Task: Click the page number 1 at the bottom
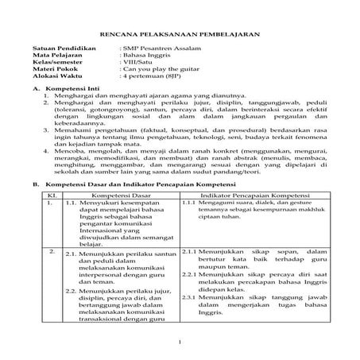tap(180, 343)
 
